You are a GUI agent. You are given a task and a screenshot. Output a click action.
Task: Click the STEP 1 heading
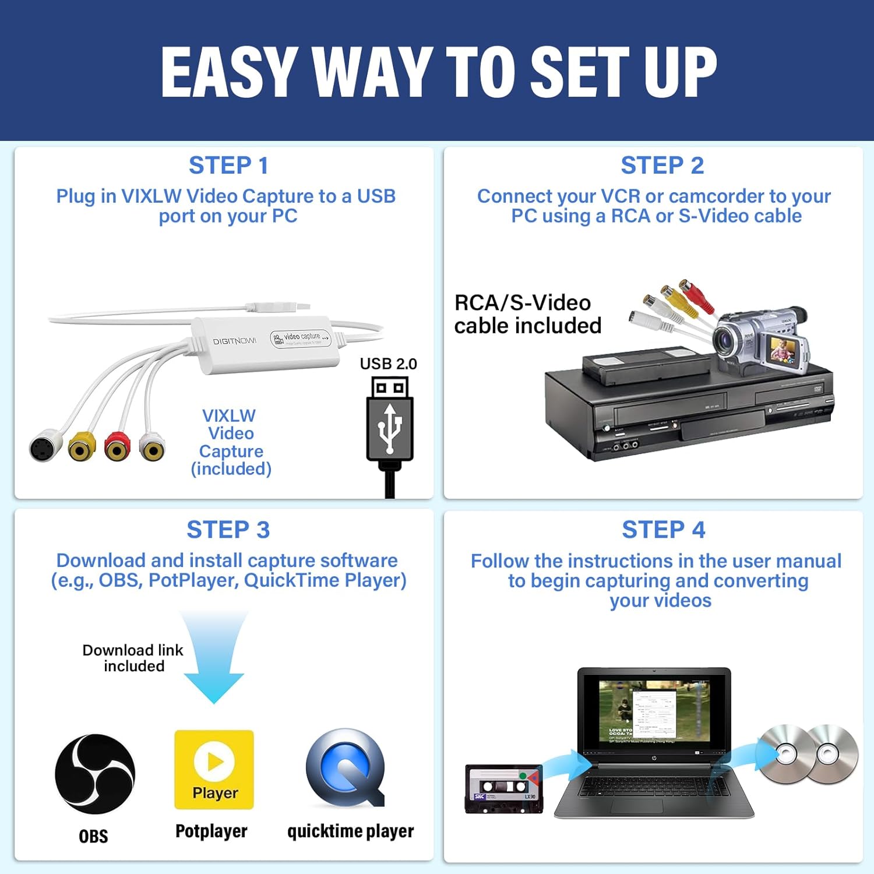228,165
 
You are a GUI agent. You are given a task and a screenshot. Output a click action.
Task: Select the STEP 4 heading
663,530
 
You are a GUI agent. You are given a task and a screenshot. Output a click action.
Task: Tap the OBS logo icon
94,774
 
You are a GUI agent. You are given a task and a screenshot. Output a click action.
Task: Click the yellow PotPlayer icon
214,769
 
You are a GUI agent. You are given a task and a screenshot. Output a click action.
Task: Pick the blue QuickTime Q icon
345,768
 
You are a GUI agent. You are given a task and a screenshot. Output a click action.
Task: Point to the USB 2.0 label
388,364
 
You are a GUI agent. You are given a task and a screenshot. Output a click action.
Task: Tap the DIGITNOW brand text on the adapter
234,341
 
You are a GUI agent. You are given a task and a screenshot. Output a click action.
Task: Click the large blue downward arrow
214,658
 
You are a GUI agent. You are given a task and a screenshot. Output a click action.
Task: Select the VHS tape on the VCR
647,365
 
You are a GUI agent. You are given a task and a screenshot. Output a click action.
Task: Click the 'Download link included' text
133,658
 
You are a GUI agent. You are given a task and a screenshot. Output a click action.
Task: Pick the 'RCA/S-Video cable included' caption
527,314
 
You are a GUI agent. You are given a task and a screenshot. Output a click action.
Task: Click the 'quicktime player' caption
350,831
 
